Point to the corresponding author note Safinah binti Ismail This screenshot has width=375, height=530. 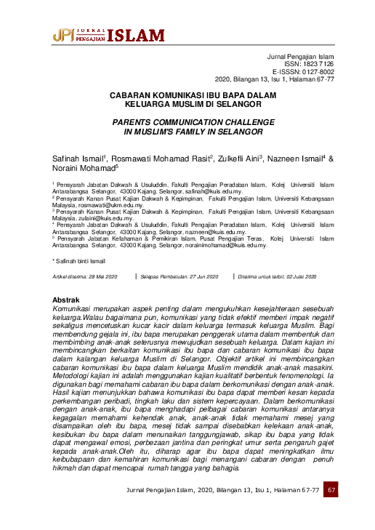[79, 260]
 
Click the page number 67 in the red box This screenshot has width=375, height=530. [331, 510]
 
